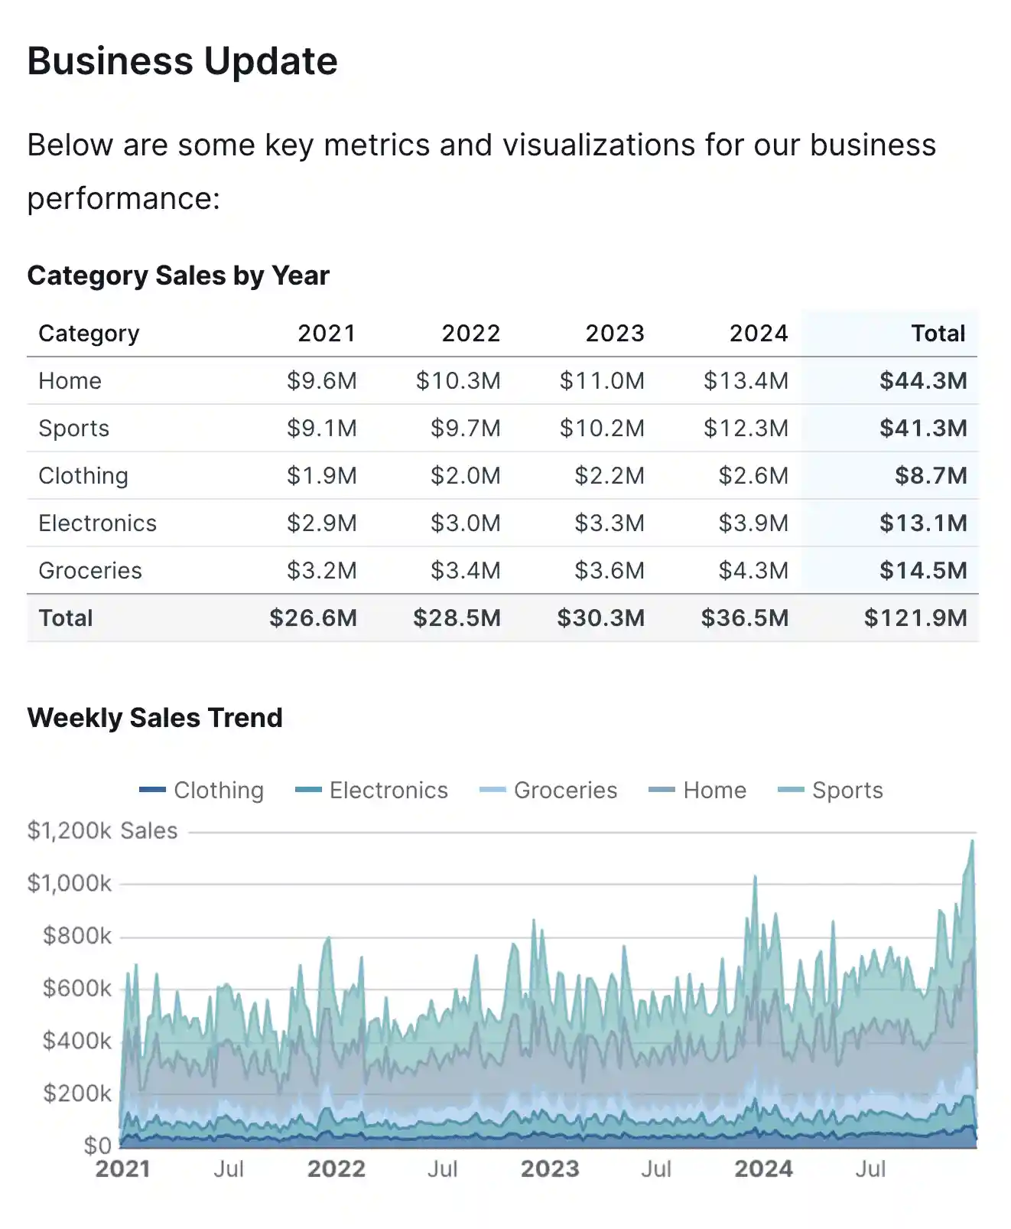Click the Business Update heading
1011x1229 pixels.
pyautogui.click(x=182, y=61)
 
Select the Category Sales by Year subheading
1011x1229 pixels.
pyautogui.click(x=178, y=275)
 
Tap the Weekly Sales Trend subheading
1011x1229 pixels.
pyautogui.click(x=154, y=718)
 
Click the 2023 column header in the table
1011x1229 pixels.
pyautogui.click(x=614, y=334)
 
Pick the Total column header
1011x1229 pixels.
pyautogui.click(x=938, y=334)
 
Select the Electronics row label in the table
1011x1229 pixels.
pyautogui.click(x=97, y=523)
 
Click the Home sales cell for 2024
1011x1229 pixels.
pyautogui.click(x=746, y=381)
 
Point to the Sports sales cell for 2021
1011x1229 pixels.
pyautogui.click(x=321, y=429)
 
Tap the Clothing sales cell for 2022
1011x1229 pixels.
pyautogui.click(x=465, y=476)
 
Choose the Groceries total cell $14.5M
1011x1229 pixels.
pyautogui.click(x=922, y=571)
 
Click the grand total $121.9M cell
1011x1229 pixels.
pyautogui.click(x=915, y=618)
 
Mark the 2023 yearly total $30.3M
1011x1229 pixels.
pyautogui.click(x=600, y=618)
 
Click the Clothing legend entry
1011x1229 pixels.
pyautogui.click(x=203, y=790)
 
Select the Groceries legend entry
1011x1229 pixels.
pyautogui.click(x=549, y=790)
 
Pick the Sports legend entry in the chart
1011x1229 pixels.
pyautogui.click(x=831, y=790)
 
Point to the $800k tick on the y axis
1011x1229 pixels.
pyautogui.click(x=77, y=936)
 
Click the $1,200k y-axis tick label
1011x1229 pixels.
pyautogui.click(x=70, y=831)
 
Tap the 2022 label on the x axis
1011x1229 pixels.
pyautogui.click(x=336, y=1169)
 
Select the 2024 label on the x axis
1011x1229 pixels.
pyautogui.click(x=763, y=1169)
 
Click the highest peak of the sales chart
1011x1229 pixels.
pyautogui.click(x=972, y=841)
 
